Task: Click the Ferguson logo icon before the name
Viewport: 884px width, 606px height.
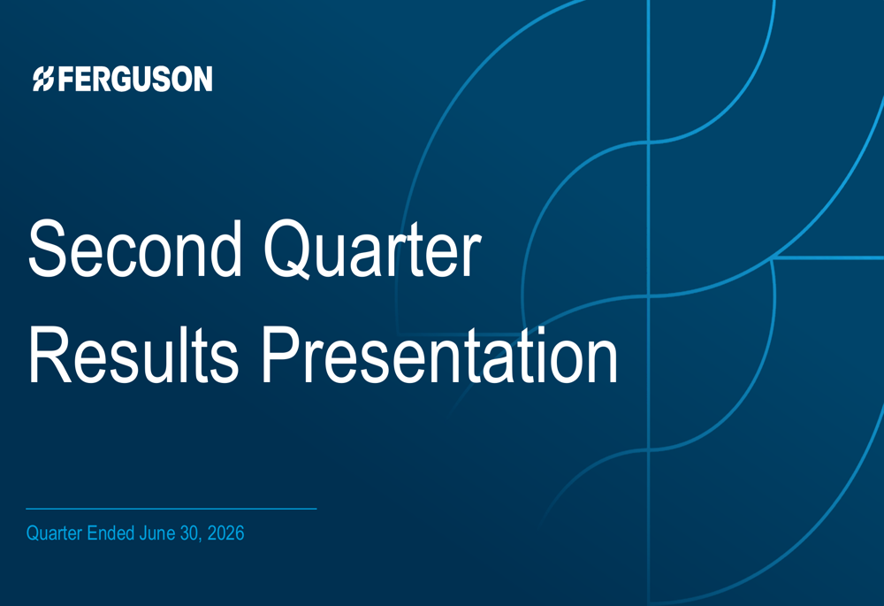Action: coord(43,79)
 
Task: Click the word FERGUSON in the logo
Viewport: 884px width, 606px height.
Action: coord(135,79)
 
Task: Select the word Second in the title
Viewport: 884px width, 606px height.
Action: coord(135,249)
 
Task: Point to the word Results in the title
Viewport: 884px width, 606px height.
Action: coord(133,355)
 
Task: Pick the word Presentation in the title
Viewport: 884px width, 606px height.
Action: coord(439,355)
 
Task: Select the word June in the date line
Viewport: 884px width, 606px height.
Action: coord(158,533)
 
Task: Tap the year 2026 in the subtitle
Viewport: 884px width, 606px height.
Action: coord(225,533)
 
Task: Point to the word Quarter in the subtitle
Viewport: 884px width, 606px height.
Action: coord(54,533)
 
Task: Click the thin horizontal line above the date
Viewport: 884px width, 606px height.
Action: coord(171,509)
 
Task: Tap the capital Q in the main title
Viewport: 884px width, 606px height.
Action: coord(287,250)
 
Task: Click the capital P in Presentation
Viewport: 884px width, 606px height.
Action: coord(282,355)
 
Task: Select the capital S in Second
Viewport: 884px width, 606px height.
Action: coord(49,249)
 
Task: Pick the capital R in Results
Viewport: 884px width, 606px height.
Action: coord(50,355)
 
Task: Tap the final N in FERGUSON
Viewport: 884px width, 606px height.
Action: coord(202,79)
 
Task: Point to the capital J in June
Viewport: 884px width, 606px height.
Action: coord(144,533)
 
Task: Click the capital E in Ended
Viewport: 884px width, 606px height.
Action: coord(92,533)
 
